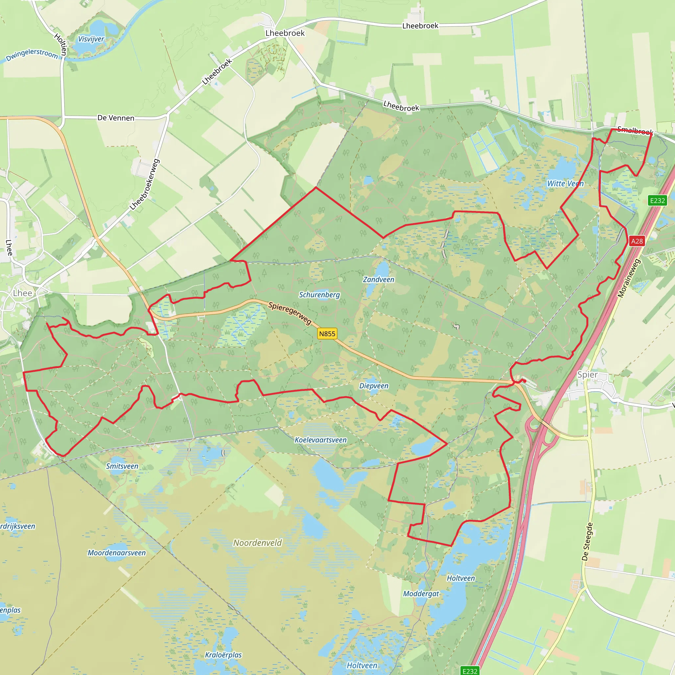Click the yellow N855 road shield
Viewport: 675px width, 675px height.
[x=327, y=334]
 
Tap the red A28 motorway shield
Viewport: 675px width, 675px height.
[x=636, y=241]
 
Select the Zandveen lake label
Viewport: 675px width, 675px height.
[x=378, y=279]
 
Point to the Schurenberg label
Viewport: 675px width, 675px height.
[x=319, y=295]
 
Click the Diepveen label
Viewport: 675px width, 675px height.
[x=374, y=386]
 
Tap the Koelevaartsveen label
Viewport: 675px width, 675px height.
[x=320, y=440]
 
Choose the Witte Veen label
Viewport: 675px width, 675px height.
[x=565, y=184]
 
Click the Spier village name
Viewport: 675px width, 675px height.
[x=587, y=374]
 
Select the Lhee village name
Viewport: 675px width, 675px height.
[x=22, y=293]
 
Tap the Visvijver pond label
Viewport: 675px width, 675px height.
[x=91, y=39]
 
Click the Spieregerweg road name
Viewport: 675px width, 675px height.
[x=290, y=313]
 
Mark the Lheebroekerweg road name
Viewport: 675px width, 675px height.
[x=145, y=185]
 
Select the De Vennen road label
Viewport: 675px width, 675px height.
[x=116, y=118]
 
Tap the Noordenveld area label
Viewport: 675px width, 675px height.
[x=257, y=543]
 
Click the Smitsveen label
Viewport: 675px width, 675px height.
[x=122, y=466]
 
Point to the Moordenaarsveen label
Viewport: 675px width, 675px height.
[x=116, y=553]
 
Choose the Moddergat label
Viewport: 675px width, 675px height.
[x=421, y=594]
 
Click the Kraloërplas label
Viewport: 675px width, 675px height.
[x=223, y=655]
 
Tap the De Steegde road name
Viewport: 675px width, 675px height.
[x=587, y=542]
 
